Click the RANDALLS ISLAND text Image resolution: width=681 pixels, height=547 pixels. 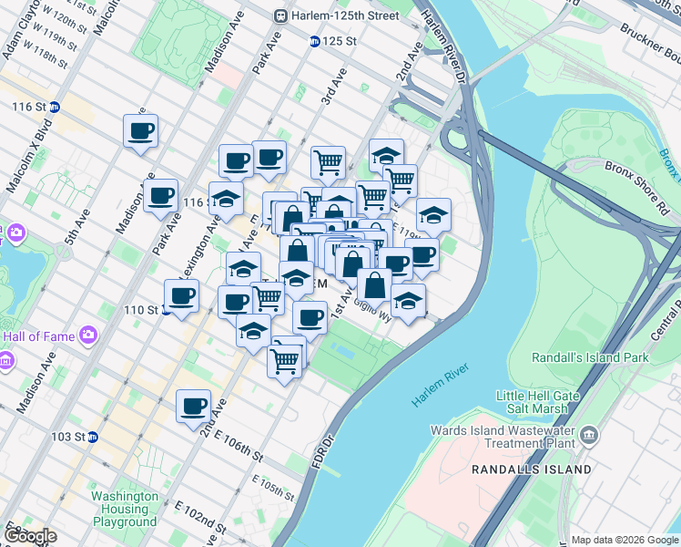point(532,469)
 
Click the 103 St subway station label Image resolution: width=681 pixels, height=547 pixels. point(67,437)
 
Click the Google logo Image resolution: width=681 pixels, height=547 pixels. point(30,535)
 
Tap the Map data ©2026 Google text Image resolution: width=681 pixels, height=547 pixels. point(625,540)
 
